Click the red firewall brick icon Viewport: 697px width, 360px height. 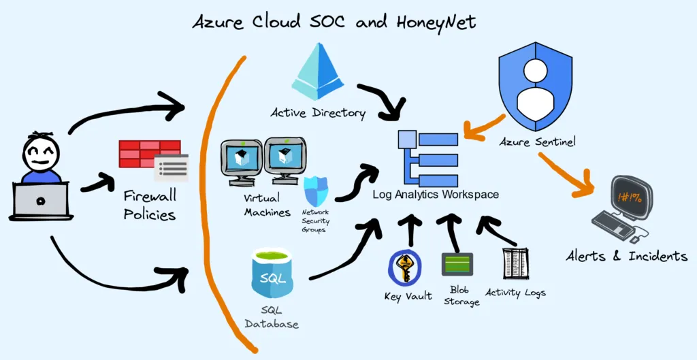150,154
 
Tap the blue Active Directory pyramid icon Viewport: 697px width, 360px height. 318,71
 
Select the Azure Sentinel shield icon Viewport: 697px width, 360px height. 535,86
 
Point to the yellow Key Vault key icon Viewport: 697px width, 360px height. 404,267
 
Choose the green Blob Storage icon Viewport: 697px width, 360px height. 457,264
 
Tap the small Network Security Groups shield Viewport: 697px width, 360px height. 316,191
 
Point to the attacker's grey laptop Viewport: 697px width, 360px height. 41,201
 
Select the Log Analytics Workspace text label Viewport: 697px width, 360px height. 436,194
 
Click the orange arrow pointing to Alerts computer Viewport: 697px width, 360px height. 567,175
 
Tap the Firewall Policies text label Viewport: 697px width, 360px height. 150,205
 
